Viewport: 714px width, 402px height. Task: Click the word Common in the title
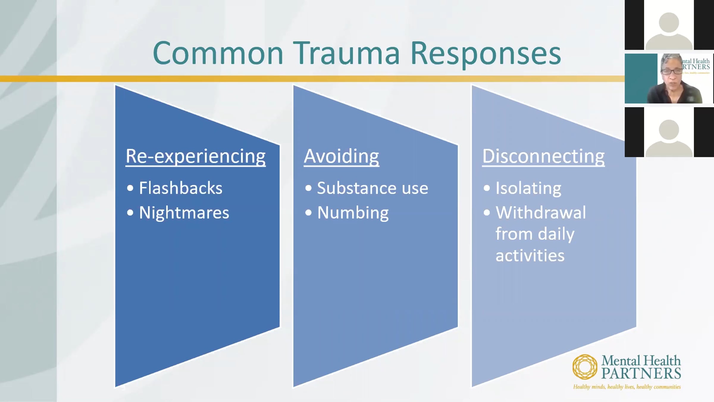click(218, 54)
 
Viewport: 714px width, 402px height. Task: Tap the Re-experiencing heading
click(195, 156)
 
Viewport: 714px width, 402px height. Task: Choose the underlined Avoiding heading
click(342, 156)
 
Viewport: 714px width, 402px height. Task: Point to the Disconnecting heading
click(543, 156)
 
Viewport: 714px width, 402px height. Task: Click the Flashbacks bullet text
click(181, 188)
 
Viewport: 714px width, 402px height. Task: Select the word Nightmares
click(184, 213)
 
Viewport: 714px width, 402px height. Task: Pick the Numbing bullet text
click(353, 213)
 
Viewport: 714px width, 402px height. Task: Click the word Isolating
click(528, 188)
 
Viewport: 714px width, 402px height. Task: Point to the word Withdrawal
click(541, 213)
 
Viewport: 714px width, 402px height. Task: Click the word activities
click(530, 255)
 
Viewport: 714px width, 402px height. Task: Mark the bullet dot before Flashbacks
click(130, 188)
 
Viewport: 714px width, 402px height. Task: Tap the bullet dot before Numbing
click(309, 213)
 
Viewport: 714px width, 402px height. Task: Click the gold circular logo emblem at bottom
click(585, 367)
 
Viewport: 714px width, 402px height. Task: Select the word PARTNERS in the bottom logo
click(641, 373)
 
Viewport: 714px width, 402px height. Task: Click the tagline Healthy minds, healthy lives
click(627, 387)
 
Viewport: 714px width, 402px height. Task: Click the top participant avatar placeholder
click(669, 27)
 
